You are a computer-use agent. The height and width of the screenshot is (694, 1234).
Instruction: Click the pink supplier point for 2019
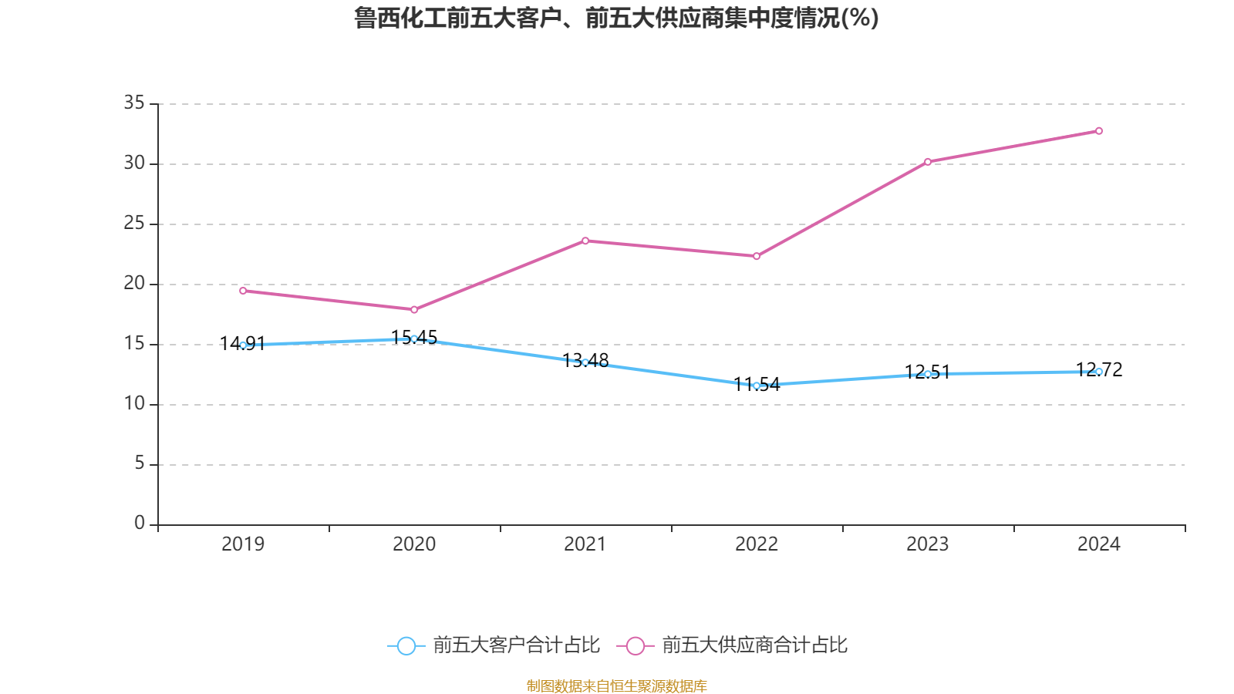click(x=243, y=291)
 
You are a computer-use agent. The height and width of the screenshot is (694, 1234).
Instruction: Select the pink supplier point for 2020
click(x=414, y=310)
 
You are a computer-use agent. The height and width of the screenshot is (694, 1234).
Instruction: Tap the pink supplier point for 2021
click(x=585, y=241)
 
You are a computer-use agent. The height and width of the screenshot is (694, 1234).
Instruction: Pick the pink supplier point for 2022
click(x=757, y=256)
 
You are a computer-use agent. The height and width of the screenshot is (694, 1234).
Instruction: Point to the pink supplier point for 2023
click(x=928, y=162)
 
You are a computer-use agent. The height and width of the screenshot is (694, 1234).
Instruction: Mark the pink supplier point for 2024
click(x=1099, y=131)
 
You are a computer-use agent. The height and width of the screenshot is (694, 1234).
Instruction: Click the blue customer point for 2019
click(x=243, y=345)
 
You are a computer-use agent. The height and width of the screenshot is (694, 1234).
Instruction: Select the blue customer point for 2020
click(x=414, y=339)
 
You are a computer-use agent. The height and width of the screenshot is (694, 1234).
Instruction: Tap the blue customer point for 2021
click(x=585, y=362)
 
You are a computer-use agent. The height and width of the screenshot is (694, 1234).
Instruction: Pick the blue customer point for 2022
click(x=757, y=386)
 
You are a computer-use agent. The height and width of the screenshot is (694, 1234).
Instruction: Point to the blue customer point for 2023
click(x=928, y=374)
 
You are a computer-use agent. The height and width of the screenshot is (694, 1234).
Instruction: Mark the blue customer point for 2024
click(x=1099, y=372)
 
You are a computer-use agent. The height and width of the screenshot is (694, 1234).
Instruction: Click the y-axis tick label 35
click(x=134, y=103)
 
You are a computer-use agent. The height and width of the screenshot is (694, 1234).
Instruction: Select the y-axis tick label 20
click(x=134, y=283)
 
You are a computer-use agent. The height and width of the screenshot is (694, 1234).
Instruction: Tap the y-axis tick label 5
click(x=140, y=463)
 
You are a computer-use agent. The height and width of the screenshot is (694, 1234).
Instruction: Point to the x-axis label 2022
click(x=757, y=544)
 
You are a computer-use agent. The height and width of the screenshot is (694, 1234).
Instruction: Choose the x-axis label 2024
click(x=1099, y=544)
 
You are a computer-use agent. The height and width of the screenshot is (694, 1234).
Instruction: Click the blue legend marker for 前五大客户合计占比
click(x=406, y=645)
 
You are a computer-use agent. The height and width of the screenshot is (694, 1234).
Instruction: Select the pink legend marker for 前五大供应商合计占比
click(x=636, y=645)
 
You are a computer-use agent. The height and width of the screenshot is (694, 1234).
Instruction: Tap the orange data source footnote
click(x=617, y=686)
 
